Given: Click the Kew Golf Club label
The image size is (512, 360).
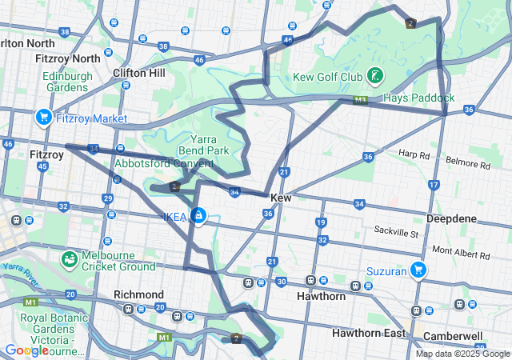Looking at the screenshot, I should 328,77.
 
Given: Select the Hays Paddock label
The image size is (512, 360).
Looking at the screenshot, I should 418,98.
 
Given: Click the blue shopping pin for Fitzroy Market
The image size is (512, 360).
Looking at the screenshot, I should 43,118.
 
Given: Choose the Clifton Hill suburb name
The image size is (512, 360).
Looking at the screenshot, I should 139,73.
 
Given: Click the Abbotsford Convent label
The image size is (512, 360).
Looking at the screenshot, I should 164,163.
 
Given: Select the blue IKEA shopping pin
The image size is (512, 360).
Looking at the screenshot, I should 198,215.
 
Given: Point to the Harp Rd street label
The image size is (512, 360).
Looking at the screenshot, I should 414,154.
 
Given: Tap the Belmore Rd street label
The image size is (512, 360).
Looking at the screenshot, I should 467,165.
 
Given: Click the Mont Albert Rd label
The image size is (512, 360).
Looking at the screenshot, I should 460,252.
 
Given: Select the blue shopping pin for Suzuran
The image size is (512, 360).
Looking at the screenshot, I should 417,270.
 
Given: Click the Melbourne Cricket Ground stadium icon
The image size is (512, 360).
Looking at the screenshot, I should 70,259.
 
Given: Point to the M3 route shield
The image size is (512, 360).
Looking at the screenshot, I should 361,101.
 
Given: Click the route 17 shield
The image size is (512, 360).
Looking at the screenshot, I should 434,185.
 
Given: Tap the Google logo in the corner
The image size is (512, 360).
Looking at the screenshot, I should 26,350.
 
